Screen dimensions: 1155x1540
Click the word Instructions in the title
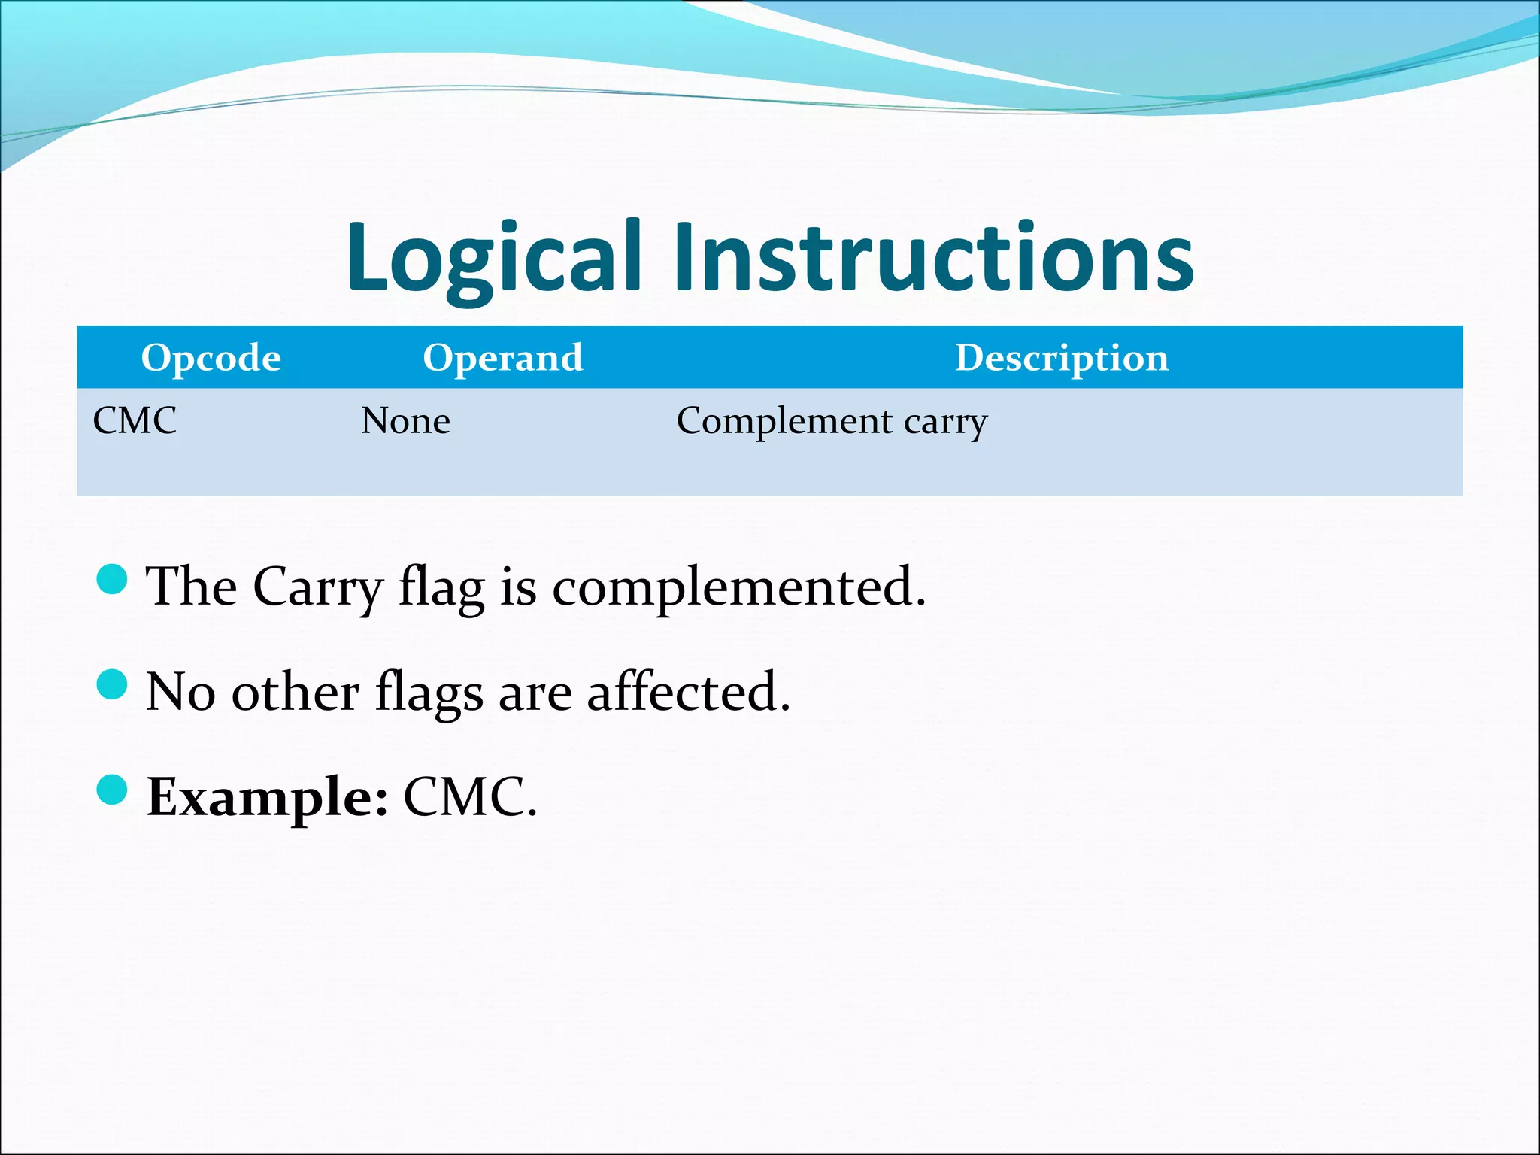(932, 257)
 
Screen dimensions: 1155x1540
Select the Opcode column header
(211, 357)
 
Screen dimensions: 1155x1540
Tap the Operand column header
(502, 357)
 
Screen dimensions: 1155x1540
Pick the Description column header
(1061, 357)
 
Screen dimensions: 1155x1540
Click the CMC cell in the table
(135, 420)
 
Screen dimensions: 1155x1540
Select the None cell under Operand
(405, 420)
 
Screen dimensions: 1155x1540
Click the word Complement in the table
(784, 421)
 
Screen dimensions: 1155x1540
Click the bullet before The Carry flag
(113, 579)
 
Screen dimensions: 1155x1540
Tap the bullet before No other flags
(113, 684)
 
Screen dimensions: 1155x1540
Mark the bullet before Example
(113, 790)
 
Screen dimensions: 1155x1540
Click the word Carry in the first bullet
(317, 587)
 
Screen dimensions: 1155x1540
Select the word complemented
(738, 587)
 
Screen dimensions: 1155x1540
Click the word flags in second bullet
(429, 693)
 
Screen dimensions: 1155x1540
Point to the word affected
(688, 691)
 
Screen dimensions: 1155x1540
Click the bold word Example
(268, 798)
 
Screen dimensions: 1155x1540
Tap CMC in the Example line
(469, 797)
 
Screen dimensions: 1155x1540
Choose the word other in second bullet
(295, 691)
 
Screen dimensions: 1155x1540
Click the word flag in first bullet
(441, 587)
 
